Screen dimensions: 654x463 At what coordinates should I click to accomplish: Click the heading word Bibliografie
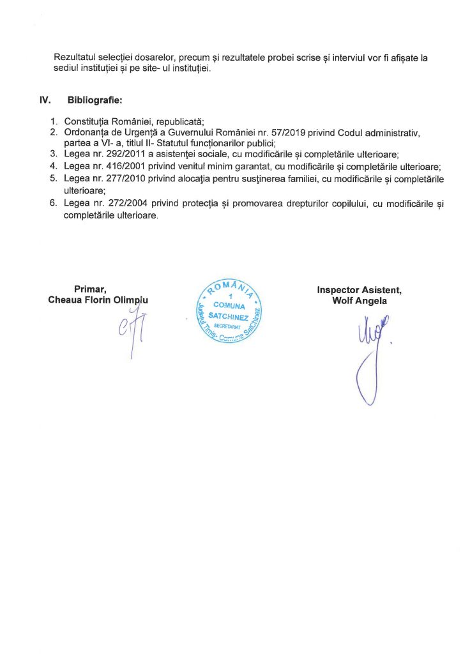[x=95, y=100]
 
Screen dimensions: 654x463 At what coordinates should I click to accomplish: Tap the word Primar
[x=89, y=289]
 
